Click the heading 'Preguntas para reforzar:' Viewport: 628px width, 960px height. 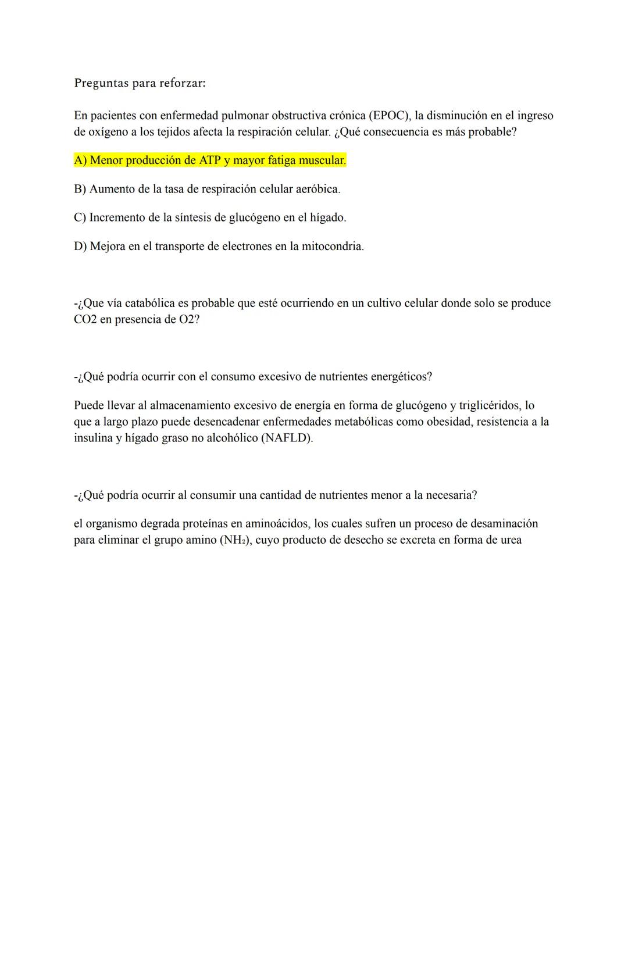140,83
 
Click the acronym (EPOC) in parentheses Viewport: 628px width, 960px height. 390,116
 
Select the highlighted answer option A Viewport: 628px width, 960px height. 209,160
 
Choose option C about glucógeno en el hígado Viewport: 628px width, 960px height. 209,217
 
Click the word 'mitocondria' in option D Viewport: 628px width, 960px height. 333,246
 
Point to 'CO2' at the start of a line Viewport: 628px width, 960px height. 85,320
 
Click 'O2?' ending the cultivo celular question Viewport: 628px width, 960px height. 188,320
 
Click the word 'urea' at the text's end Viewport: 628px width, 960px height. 509,540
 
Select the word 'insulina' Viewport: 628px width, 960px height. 93,438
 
